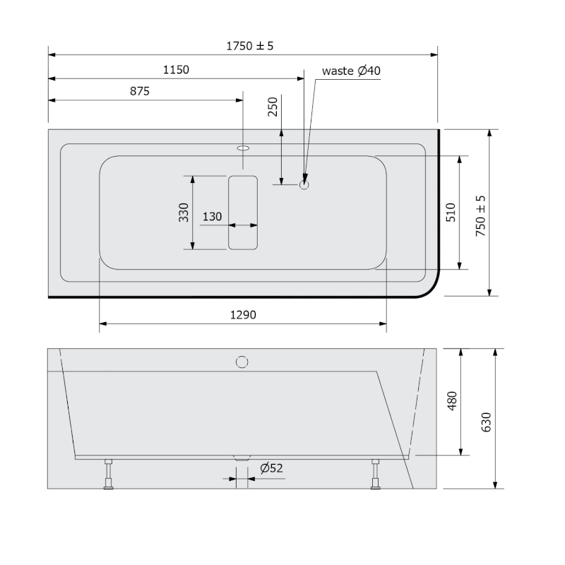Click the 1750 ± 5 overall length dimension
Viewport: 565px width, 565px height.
click(250, 46)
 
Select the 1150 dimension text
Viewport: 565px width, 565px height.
click(176, 69)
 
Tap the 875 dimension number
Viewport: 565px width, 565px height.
click(139, 91)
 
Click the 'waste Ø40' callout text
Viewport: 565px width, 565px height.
click(351, 71)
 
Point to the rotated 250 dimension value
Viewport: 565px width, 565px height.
click(273, 107)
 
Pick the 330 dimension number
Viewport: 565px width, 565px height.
click(184, 213)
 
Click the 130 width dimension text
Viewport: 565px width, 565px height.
click(212, 217)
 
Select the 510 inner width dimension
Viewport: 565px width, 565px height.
click(451, 213)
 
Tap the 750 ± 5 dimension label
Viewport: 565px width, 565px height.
click(480, 216)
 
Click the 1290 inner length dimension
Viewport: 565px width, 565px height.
click(243, 315)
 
